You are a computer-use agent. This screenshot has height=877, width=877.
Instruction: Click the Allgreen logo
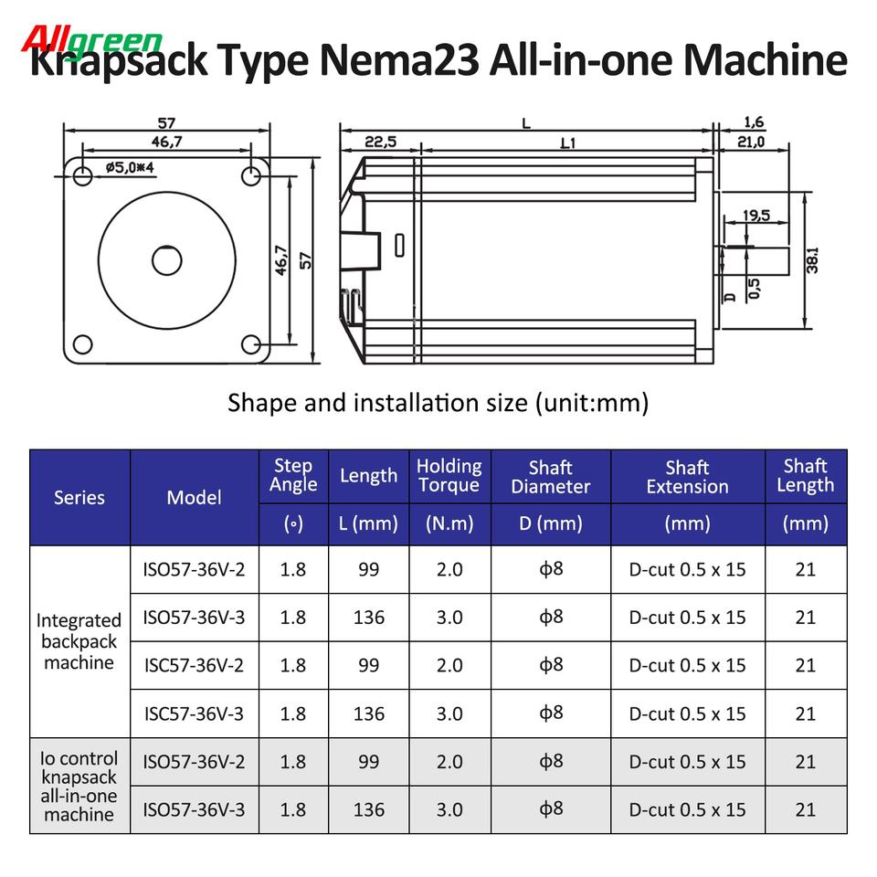coord(91,40)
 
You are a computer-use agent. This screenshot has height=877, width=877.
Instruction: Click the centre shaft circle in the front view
coord(166,260)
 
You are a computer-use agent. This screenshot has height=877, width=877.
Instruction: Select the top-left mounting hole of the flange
coord(82,176)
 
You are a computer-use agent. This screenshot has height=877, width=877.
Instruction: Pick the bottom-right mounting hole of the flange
coord(250,344)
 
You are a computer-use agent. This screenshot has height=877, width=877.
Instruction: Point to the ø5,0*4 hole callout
coord(129,167)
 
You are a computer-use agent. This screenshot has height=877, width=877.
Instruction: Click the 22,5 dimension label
coord(380,142)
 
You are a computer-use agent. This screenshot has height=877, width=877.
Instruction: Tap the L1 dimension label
coord(567,143)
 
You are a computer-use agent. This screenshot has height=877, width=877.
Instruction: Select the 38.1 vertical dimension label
coord(812,260)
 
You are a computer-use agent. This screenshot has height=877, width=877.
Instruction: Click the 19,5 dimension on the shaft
coord(756,216)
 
